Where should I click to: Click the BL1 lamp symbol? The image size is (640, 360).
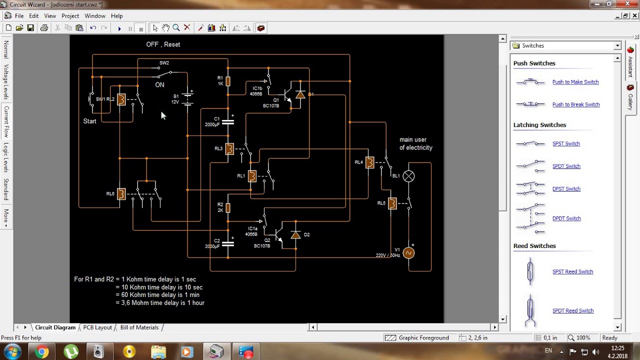pyautogui.click(x=409, y=176)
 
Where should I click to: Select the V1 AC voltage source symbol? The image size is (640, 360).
pyautogui.click(x=408, y=253)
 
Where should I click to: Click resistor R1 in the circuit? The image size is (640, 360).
pyautogui.click(x=228, y=81)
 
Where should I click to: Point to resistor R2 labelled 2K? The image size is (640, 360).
pyautogui.click(x=228, y=207)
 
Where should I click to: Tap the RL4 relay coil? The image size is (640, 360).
pyautogui.click(x=369, y=162)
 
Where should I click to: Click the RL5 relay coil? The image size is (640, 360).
pyautogui.click(x=392, y=203)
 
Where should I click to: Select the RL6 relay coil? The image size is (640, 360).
pyautogui.click(x=121, y=194)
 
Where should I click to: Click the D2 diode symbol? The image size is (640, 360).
pyautogui.click(x=295, y=234)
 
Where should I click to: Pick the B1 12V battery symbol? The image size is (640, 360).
pyautogui.click(x=187, y=98)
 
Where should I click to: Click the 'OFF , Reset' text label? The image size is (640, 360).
pyautogui.click(x=163, y=44)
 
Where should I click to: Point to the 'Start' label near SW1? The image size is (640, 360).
pyautogui.click(x=89, y=121)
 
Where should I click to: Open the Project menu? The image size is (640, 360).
pyautogui.click(x=70, y=16)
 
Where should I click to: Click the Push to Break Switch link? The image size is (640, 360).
pyautogui.click(x=575, y=104)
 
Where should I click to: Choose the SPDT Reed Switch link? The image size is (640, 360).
pyautogui.click(x=572, y=310)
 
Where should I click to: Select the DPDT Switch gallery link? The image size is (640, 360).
pyautogui.click(x=566, y=218)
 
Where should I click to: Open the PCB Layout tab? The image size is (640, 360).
pyautogui.click(x=97, y=327)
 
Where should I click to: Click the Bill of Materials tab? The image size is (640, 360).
pyautogui.click(x=139, y=327)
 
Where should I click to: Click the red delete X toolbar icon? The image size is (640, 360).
pyautogui.click(x=187, y=28)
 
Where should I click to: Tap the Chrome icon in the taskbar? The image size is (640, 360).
pyautogui.click(x=42, y=352)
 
